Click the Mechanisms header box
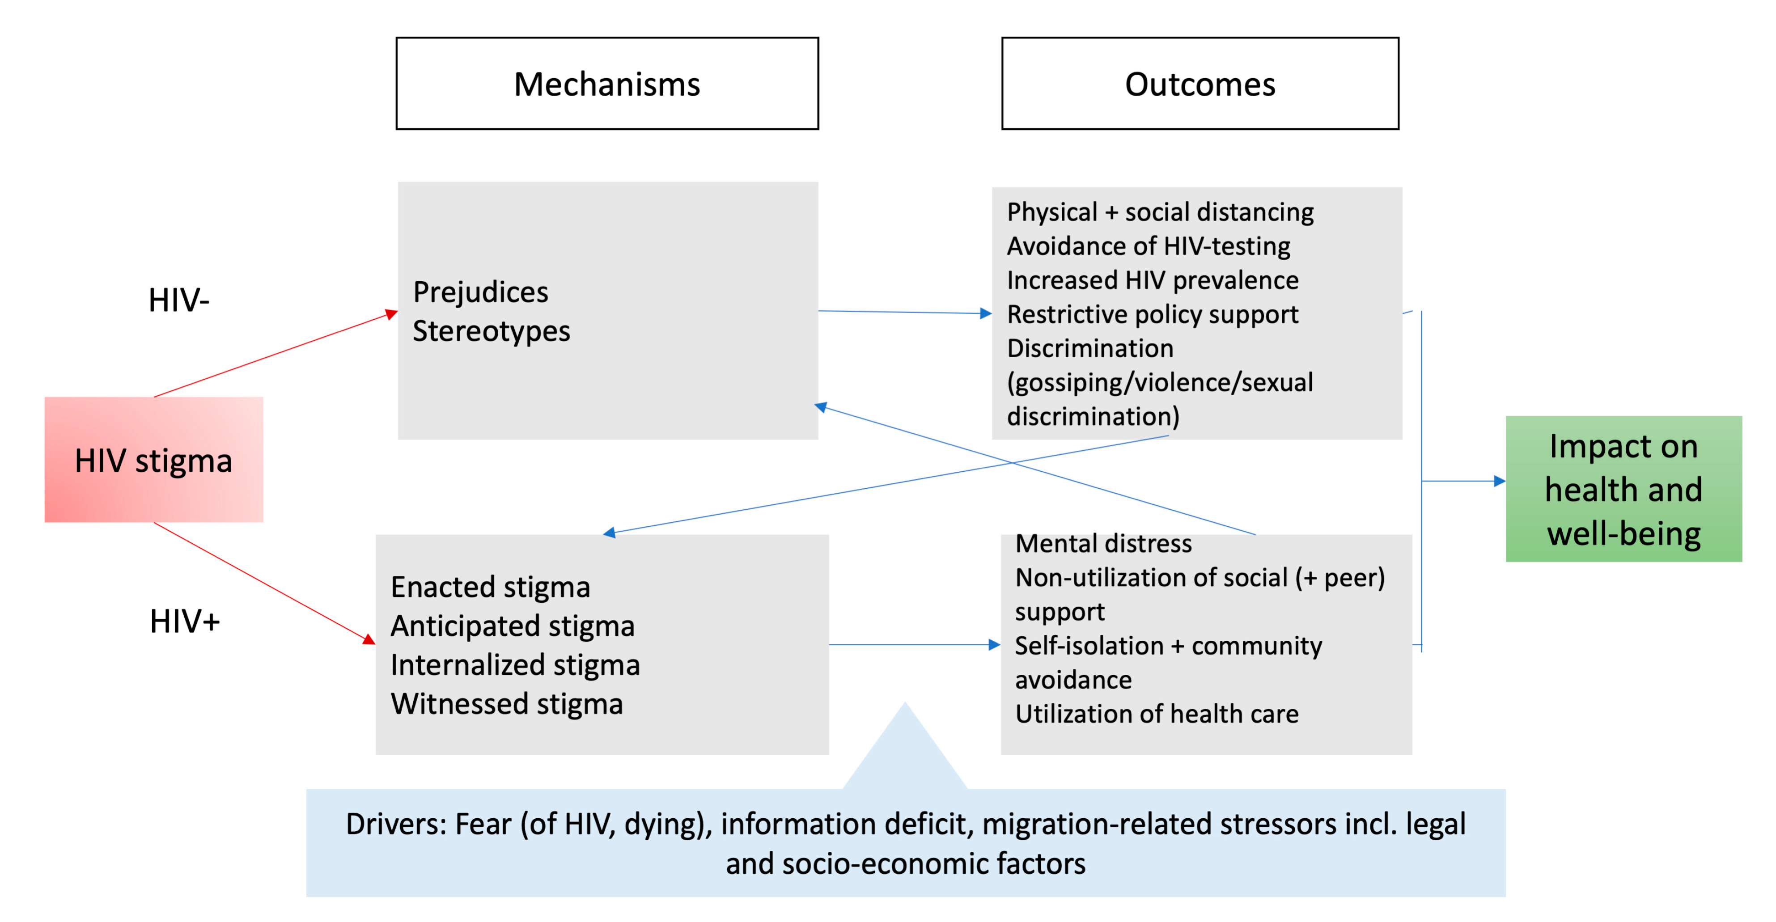pos(607,83)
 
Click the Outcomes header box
pos(1200,83)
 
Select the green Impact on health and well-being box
pos(1623,489)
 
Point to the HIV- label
pos(178,300)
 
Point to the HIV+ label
pos(185,621)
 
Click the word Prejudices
pos(480,292)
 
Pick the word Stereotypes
pos(491,331)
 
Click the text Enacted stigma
pos(490,587)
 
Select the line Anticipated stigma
pos(512,626)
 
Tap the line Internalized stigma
pos(515,665)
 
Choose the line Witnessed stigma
pos(507,703)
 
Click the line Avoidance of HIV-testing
pos(1149,246)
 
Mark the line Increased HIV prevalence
pos(1153,280)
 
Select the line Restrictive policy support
pos(1153,314)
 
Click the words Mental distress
pos(1103,544)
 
